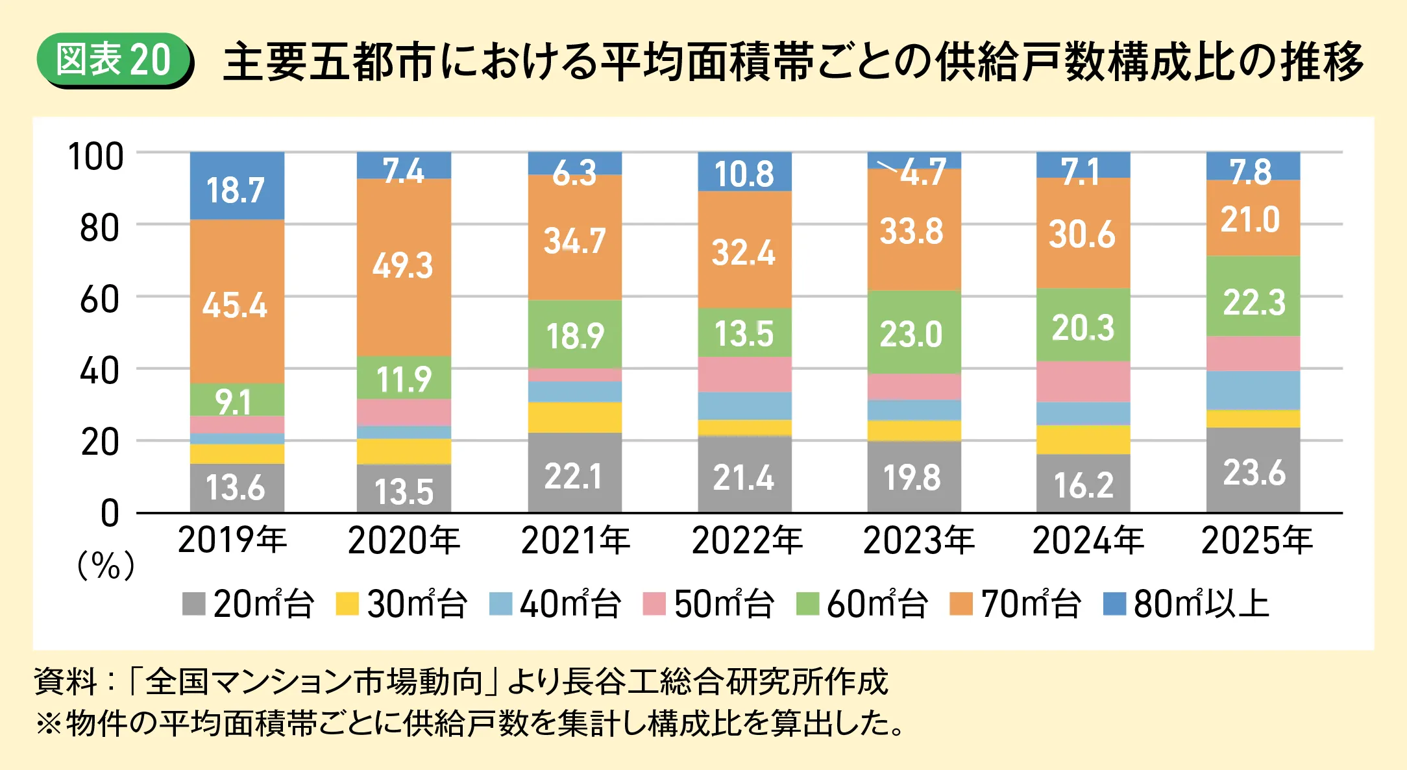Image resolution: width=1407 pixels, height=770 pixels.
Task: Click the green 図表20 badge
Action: pos(114,60)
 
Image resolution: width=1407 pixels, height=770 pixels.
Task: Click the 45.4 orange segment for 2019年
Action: pos(237,302)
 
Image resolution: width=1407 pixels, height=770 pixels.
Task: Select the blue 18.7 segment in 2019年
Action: pos(237,186)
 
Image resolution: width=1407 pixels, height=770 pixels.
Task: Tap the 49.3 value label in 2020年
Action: pos(402,265)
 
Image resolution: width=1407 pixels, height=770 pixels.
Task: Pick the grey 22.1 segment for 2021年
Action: pos(575,472)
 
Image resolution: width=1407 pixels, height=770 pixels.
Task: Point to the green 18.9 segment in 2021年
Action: pos(575,334)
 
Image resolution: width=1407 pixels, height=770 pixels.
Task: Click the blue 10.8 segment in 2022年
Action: pos(744,172)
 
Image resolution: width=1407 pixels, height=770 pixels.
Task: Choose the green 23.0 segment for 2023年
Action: pos(914,332)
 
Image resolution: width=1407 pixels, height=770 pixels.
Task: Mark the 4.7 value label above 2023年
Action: pos(923,172)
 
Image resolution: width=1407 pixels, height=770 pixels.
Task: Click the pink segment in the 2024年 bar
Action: pos(1083,381)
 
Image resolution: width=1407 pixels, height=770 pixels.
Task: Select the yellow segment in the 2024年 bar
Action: pos(1083,440)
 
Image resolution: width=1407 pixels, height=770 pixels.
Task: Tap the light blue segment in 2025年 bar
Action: pos(1253,391)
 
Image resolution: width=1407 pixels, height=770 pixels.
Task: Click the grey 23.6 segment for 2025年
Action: pos(1253,470)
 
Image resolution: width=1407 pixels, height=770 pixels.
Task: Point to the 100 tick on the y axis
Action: pos(95,157)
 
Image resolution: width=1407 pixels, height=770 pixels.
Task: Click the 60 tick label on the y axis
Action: pos(99,300)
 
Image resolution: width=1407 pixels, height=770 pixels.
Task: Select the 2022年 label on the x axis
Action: pos(747,540)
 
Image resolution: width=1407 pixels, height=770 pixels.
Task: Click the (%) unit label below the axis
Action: pos(106,566)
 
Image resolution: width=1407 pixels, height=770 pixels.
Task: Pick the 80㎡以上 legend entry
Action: pos(1186,604)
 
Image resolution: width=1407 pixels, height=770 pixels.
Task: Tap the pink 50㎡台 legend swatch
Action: pos(654,604)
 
